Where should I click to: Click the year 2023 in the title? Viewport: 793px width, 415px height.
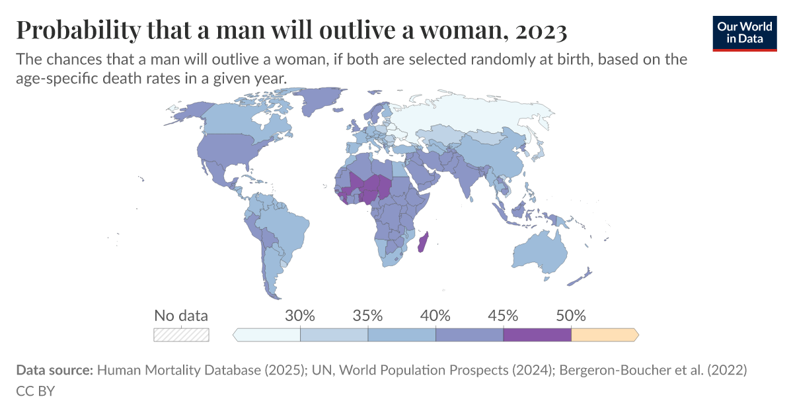538,30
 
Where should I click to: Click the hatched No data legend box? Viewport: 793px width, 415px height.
181,335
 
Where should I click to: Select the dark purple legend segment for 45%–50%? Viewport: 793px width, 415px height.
537,335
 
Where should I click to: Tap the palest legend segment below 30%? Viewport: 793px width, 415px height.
268,335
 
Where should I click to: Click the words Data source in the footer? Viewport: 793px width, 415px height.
54,371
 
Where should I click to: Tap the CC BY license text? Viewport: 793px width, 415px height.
35,391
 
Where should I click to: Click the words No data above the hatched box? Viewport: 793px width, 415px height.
181,315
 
